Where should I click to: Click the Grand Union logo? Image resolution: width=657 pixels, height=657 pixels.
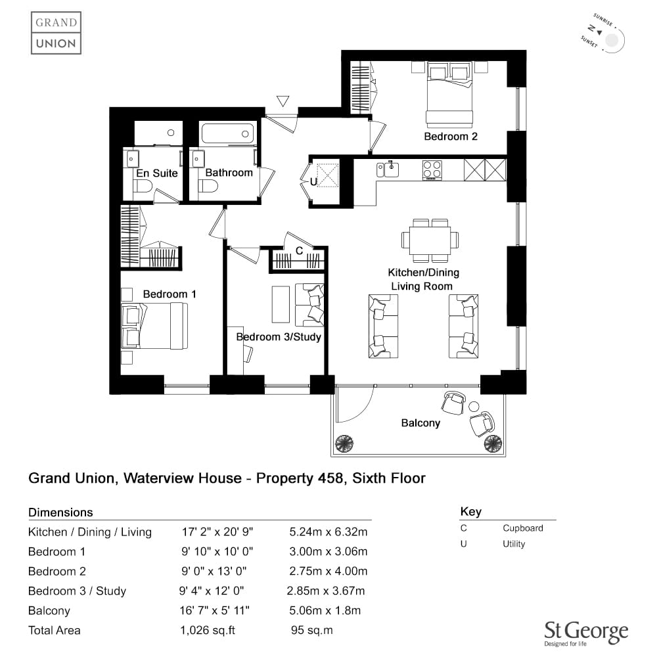point(56,33)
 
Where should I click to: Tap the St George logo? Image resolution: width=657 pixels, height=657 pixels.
point(586,633)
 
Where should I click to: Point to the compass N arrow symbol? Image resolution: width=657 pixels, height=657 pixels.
point(600,32)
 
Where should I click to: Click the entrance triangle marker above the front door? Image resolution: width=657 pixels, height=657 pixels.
point(283,101)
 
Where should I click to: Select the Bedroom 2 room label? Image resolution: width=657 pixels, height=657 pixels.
point(451,137)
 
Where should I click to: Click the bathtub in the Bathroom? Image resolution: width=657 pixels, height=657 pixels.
point(227,133)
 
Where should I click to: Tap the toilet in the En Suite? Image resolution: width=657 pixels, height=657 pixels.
point(143,186)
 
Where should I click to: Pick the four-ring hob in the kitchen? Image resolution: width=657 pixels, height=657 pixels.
point(432,170)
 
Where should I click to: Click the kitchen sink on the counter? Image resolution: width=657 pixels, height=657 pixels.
point(392,170)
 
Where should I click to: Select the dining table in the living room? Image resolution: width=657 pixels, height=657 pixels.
point(430,240)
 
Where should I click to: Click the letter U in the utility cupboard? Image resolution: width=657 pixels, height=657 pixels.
point(313,182)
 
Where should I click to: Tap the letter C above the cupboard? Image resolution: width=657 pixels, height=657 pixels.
point(299,250)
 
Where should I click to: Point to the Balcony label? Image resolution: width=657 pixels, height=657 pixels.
point(420,423)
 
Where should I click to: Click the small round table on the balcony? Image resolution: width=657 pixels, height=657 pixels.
point(474,407)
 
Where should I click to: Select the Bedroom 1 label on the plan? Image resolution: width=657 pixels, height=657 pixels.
point(170,294)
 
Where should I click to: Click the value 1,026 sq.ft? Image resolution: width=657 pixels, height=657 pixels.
point(208,631)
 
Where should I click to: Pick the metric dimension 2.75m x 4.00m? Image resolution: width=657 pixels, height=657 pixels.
point(328,571)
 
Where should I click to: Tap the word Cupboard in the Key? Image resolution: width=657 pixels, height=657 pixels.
point(523,528)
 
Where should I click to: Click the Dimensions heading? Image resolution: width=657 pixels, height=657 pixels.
point(60,512)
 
